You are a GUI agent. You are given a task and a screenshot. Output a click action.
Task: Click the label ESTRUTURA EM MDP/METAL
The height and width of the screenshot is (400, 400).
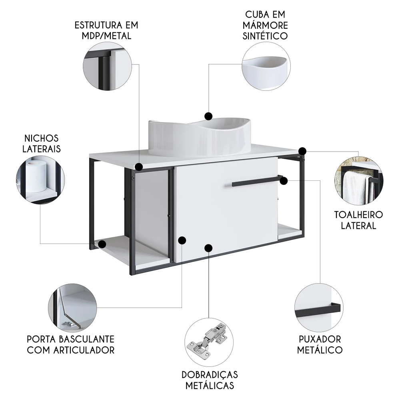coord(106,30)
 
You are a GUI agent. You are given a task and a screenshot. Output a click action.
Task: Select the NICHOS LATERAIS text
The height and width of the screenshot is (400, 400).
coord(41,144)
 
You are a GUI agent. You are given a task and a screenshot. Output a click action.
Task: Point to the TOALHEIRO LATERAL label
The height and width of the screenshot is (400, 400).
coord(358,220)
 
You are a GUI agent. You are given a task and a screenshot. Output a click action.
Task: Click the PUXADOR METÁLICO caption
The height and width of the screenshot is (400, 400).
coord(320,344)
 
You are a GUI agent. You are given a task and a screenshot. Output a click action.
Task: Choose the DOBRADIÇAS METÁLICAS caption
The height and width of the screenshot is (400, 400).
coord(210,380)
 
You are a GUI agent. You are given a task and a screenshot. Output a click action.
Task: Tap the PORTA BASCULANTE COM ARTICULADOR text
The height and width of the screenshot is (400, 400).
coord(71,344)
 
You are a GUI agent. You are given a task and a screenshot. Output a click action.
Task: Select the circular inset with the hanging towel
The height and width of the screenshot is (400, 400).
coord(359,180)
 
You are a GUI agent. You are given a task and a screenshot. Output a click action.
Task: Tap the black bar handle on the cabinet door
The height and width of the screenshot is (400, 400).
coord(256,181)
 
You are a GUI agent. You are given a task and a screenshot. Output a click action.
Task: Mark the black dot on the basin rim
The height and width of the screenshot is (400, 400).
coord(208,116)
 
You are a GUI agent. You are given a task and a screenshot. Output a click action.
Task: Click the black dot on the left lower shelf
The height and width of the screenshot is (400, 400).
coord(102,243)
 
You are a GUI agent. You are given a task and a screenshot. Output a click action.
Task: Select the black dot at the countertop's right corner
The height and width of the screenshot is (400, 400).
coord(302,151)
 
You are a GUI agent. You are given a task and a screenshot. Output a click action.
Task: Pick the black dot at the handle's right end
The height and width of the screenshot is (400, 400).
coord(284,181)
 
